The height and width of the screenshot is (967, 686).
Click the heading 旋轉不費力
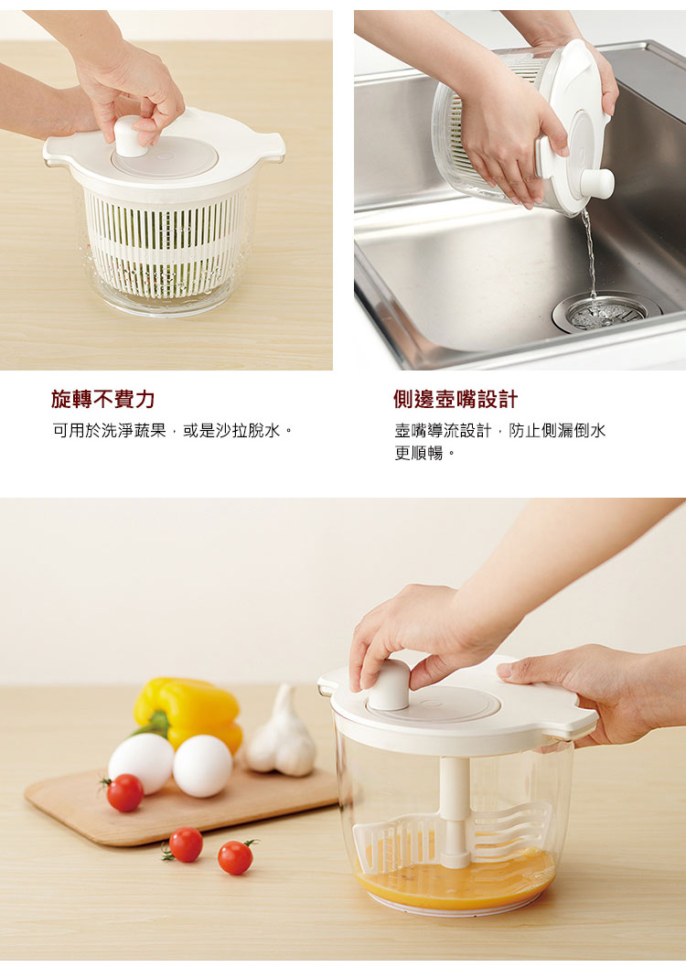[103, 399]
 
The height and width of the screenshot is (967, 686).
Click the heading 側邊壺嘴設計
[456, 399]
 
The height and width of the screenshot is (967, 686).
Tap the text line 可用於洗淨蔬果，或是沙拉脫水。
[172, 431]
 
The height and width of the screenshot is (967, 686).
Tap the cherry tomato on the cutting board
[123, 792]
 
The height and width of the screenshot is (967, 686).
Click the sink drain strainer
[607, 312]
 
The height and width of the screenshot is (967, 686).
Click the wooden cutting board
[178, 808]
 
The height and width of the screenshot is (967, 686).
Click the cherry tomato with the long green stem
[237, 856]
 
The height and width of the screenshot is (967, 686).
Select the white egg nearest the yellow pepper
[141, 763]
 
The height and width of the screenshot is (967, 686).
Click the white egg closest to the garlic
[202, 766]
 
